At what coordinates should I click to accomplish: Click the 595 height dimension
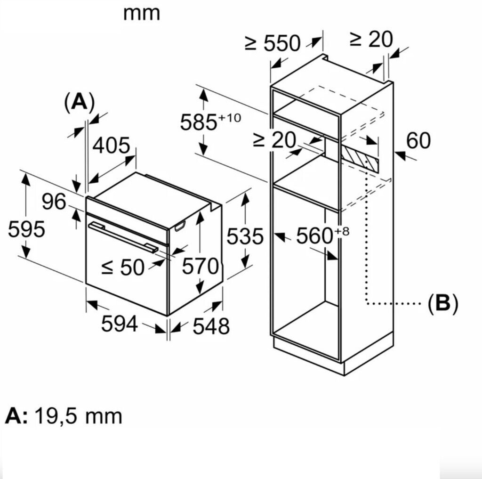coord(26,229)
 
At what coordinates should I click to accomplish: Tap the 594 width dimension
coord(119,324)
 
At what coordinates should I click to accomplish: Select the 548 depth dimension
coord(211,326)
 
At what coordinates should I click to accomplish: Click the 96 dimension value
coord(54,202)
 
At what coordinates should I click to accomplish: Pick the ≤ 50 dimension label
coord(123,267)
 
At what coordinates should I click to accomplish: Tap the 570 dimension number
coord(201,266)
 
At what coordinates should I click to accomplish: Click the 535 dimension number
coord(245,236)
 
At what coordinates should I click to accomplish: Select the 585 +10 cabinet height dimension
coord(210,121)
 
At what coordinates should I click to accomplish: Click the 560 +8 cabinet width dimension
coord(323,235)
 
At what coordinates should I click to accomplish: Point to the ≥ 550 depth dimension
coord(273,43)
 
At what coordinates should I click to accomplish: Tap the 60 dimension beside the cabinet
coord(418,141)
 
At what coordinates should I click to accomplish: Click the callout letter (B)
coord(443,304)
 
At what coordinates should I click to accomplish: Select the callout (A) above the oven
coord(79,102)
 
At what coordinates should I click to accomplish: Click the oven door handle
coord(123,238)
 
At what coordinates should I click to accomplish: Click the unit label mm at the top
coord(141,14)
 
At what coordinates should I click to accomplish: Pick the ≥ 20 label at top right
coord(371,39)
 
